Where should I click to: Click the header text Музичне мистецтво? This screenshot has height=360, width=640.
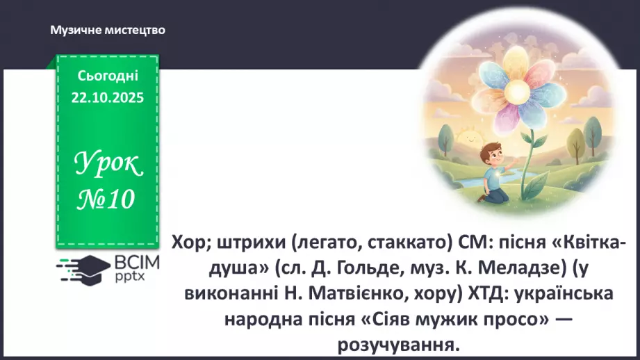pos(107,30)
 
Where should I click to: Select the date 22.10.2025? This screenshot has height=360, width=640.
pos(108,98)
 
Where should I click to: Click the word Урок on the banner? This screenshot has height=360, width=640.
pos(109,165)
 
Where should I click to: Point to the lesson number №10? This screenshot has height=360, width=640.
pos(106,199)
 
